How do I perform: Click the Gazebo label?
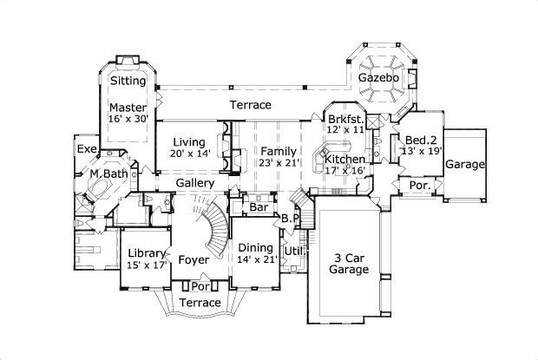tap(379, 79)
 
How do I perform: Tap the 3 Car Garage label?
tap(348, 263)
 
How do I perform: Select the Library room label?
tap(146, 253)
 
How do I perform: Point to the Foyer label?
tap(194, 259)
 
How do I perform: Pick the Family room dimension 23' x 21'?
tap(279, 163)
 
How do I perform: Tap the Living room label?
tap(188, 142)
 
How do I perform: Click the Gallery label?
tap(195, 184)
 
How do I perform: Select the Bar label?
tap(258, 208)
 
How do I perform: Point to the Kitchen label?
tap(344, 160)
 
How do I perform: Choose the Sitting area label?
tap(128, 81)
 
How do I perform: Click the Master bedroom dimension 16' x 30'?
tap(128, 119)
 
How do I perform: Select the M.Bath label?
tap(109, 173)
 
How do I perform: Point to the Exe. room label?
tap(87, 149)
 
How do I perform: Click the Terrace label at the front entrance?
tap(200, 302)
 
